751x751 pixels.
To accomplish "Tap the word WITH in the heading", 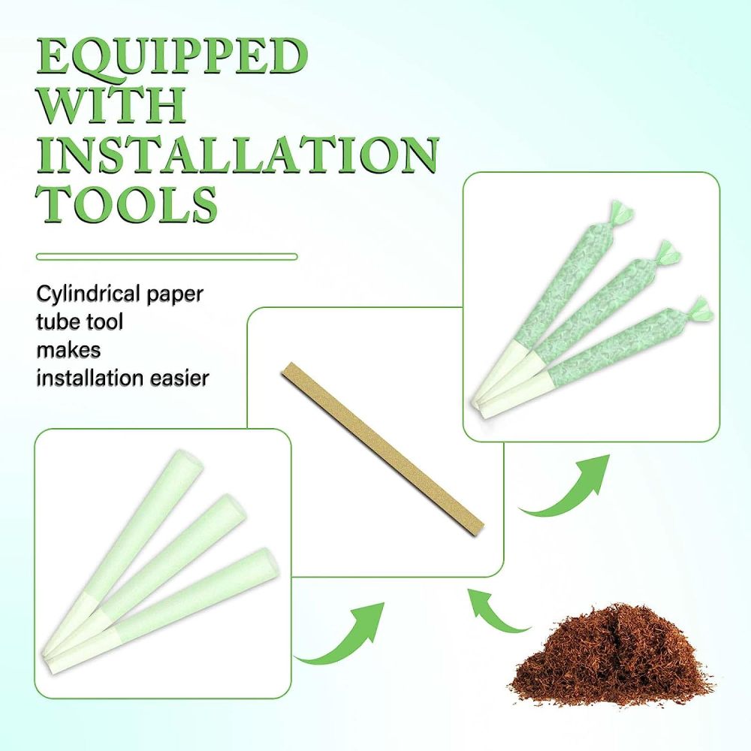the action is pos(111,105).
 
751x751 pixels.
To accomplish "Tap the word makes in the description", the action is pos(68,350).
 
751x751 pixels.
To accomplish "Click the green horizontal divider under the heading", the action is pos(167,257).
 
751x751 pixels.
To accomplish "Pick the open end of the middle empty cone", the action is pos(233,507).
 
